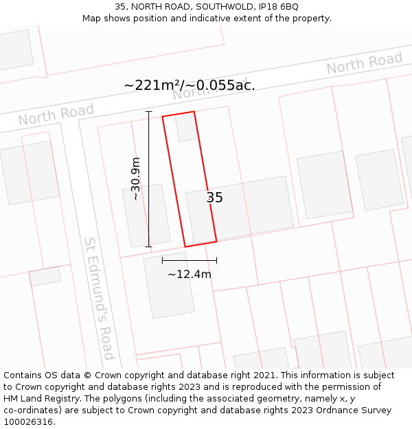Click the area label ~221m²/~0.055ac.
click(x=190, y=85)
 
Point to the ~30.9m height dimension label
click(x=136, y=178)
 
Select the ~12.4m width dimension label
click(x=190, y=275)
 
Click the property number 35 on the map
click(x=215, y=198)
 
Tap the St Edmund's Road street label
click(x=99, y=298)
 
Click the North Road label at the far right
click(x=364, y=63)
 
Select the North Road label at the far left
click(x=56, y=115)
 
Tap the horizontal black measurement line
click(x=190, y=260)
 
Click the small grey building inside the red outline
click(x=186, y=127)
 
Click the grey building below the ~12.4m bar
click(x=169, y=285)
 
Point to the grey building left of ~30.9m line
click(x=146, y=215)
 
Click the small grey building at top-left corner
click(x=14, y=49)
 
